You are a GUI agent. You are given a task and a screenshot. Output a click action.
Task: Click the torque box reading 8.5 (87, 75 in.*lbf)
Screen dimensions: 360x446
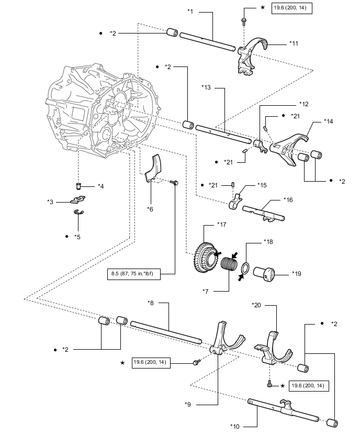(133, 274)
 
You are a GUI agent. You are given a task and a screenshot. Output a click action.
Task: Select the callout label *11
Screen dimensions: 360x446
(294, 43)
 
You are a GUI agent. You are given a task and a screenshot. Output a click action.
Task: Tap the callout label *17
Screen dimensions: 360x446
(221, 225)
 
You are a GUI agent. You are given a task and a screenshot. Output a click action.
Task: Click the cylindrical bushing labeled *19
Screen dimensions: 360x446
(264, 274)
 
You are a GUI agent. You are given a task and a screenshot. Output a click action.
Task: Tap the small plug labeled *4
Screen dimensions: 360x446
(79, 186)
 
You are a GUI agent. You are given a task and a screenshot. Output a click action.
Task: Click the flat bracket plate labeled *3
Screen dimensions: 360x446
(78, 199)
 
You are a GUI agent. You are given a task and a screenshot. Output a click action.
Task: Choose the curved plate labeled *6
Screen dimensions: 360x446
(153, 168)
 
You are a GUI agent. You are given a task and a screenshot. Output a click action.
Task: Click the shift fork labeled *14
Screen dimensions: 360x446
(289, 149)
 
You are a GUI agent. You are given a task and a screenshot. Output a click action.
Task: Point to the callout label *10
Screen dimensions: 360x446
(235, 427)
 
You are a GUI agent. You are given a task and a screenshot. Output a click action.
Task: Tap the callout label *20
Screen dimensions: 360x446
(256, 305)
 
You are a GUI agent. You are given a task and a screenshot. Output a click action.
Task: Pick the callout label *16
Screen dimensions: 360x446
(288, 199)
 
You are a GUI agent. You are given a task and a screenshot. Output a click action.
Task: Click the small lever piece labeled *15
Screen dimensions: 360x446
(235, 201)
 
